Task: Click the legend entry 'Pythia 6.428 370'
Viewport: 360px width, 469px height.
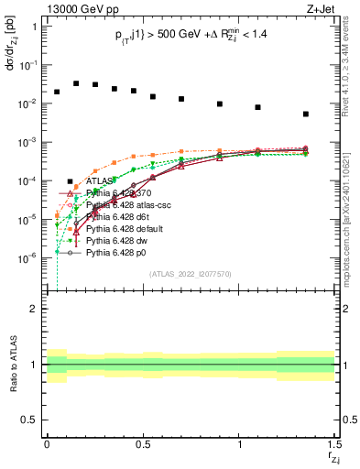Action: pos(119,194)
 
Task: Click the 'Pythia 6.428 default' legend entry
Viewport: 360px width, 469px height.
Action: pos(125,228)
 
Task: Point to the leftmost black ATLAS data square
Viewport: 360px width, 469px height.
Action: pos(57,92)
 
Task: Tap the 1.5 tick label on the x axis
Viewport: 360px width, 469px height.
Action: pos(335,444)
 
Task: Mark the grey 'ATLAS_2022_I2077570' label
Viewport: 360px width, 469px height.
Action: pos(191,273)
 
